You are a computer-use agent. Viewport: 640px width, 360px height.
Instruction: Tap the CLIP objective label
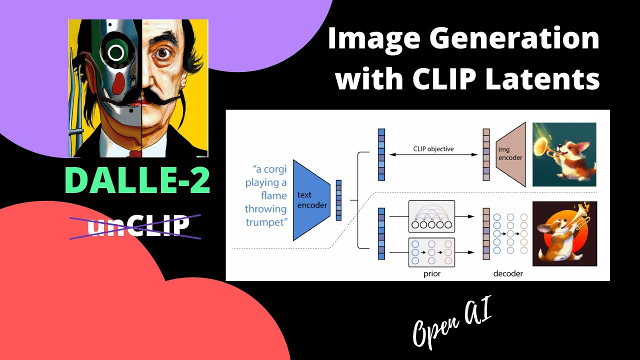[x=433, y=149]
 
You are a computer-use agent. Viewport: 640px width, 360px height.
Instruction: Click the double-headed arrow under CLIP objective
[x=433, y=155]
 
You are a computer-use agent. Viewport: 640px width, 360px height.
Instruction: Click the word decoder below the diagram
[x=507, y=273]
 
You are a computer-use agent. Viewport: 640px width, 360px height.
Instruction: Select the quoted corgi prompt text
[x=266, y=195]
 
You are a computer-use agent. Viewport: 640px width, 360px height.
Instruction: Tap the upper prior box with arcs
[x=431, y=215]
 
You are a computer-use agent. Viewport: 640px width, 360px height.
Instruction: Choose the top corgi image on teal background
[x=564, y=154]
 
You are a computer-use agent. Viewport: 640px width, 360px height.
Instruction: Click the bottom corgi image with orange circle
[x=564, y=233]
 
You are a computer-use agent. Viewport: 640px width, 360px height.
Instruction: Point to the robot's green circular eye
[x=116, y=52]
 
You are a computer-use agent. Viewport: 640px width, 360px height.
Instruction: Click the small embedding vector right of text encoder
[x=339, y=200]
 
